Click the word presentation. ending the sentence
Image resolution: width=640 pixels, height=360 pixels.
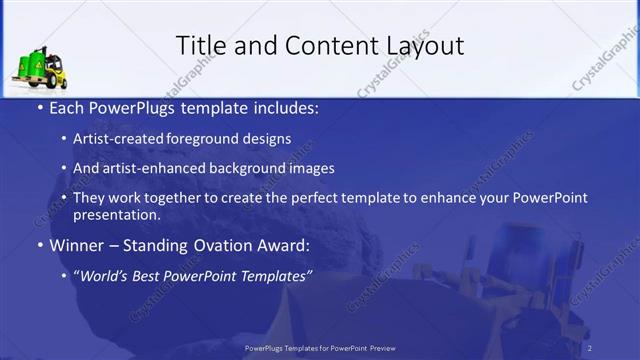click(117, 215)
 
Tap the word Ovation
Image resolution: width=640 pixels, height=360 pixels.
click(220, 245)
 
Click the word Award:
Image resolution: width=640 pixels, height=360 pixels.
click(283, 245)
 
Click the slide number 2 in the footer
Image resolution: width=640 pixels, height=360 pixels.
click(590, 347)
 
